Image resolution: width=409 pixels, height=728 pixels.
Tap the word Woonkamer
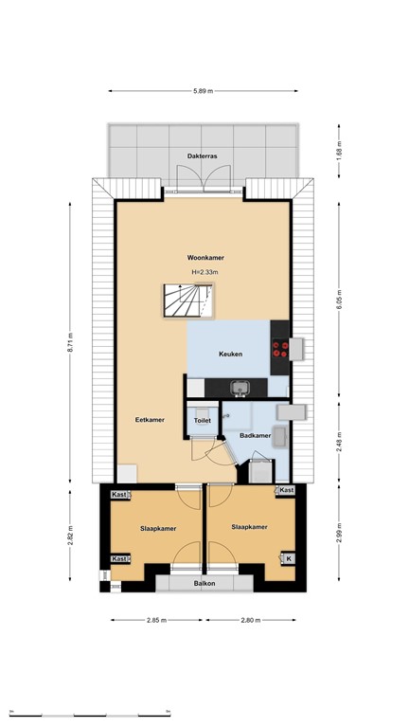tap(204, 258)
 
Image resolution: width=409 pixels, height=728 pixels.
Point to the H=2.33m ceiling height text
tap(204, 273)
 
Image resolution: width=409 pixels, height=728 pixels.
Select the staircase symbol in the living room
tap(186, 302)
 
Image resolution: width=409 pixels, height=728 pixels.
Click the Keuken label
tap(230, 355)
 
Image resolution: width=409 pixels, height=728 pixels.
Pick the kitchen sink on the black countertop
tap(240, 387)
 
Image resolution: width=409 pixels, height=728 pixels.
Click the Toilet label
tap(202, 420)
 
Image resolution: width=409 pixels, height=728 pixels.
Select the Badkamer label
tap(255, 436)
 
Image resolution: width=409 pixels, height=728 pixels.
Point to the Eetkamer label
tap(150, 419)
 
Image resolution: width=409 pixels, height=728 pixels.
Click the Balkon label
tap(204, 584)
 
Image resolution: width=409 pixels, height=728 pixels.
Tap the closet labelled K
tap(287, 559)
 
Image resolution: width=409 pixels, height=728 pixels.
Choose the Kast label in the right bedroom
tap(286, 490)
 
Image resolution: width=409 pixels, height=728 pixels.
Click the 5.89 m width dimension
tap(204, 91)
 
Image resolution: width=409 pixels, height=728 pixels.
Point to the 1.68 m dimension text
tap(338, 151)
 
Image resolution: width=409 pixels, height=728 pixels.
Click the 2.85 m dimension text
tap(157, 621)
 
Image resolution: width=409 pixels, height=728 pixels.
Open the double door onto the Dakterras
tap(204, 179)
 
